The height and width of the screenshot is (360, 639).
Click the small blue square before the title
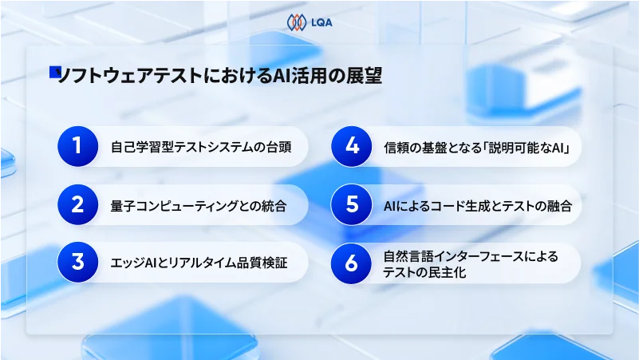point(55,72)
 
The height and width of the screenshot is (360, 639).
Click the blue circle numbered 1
point(77,146)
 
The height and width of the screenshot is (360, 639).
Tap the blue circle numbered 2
point(77,206)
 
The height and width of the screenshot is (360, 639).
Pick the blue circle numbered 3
point(77,262)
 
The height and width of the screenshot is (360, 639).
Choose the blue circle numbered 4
point(351,146)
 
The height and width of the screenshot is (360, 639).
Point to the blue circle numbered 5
point(351,206)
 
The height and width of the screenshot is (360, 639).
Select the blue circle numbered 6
point(351,262)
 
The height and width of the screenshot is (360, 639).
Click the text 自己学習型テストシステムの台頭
point(195,147)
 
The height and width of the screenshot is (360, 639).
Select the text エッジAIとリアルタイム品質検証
point(198,263)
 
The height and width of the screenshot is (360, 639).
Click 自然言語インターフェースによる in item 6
point(471,255)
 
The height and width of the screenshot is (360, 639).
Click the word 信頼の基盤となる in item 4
point(431,147)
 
